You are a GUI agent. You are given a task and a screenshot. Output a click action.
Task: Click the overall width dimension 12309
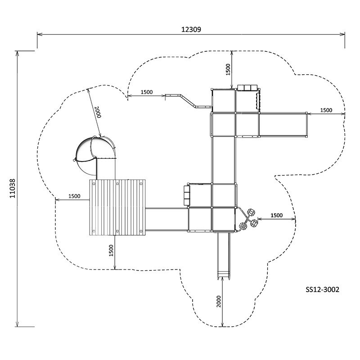191,29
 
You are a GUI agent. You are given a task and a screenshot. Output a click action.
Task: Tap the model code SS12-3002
322,290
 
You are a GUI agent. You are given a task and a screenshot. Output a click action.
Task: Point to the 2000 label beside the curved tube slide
98,112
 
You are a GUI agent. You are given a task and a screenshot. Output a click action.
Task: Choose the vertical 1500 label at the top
228,69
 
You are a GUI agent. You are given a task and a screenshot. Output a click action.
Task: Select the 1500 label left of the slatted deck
74,196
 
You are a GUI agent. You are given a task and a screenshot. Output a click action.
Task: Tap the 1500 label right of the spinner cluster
276,215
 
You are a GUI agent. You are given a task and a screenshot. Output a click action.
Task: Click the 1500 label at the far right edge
326,110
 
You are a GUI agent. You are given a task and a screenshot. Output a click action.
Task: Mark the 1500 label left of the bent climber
146,92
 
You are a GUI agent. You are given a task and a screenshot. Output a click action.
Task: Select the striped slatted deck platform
118,207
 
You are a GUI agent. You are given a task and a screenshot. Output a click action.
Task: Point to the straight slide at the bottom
224,254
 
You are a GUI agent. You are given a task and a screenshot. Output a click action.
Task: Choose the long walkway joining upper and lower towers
224,160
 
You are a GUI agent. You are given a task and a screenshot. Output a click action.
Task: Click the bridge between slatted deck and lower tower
166,219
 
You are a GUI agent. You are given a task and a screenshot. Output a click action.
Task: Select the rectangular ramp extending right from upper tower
283,124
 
